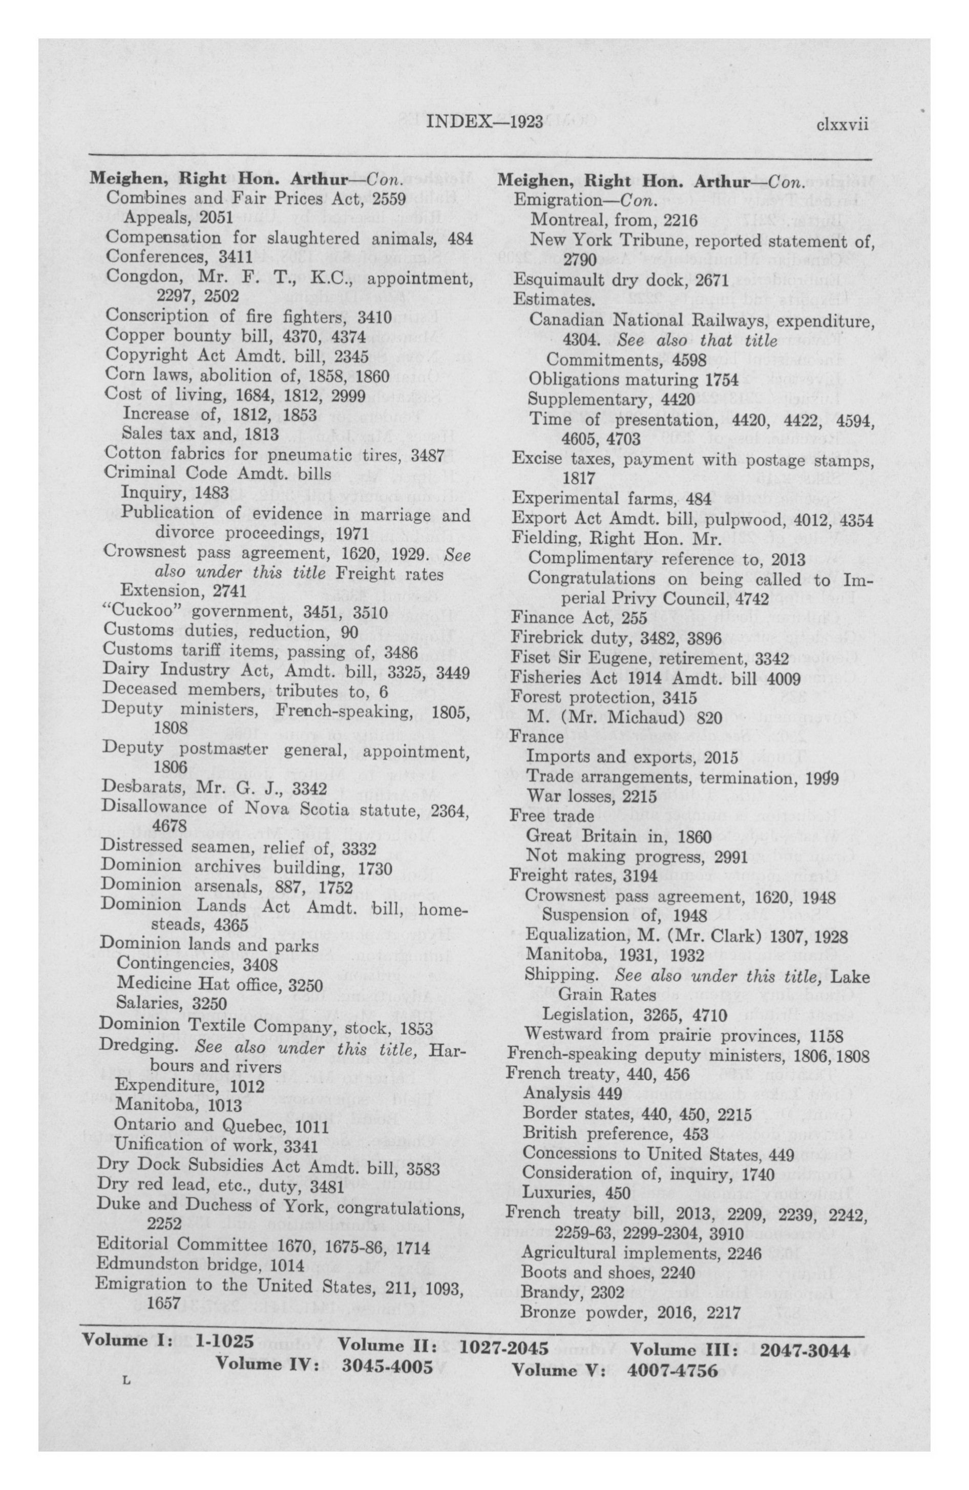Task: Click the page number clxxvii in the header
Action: tap(842, 123)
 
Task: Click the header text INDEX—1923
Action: tap(484, 121)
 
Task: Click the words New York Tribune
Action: tap(592, 240)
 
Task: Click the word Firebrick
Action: tap(541, 638)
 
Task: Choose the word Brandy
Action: tap(544, 1289)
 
